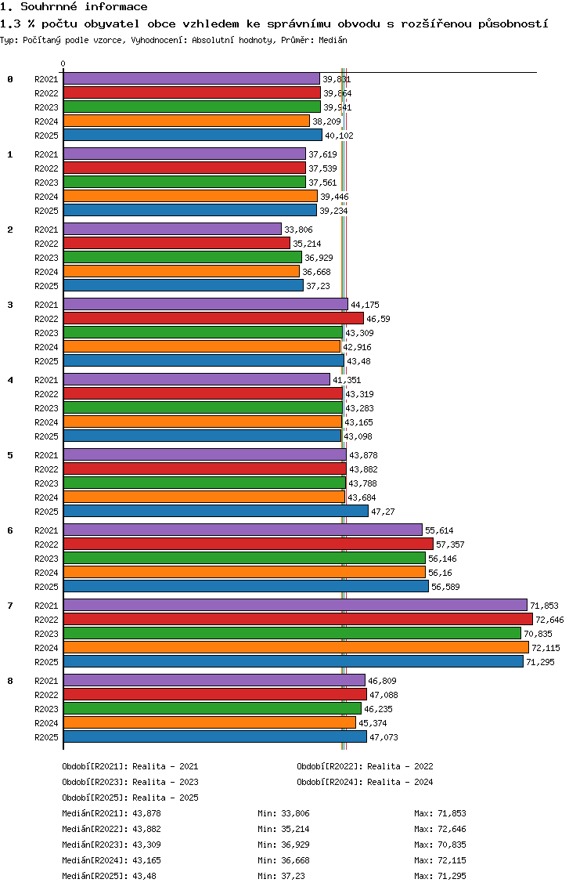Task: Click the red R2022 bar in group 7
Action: coord(297,619)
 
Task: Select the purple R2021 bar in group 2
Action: coord(172,229)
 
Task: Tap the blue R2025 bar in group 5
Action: coord(215,511)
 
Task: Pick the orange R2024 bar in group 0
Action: coord(186,121)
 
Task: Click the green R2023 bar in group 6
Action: coord(244,558)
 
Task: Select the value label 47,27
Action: coord(381,512)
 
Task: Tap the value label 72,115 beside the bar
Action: coord(546,648)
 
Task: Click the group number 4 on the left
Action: coord(10,380)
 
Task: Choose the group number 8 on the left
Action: coord(10,681)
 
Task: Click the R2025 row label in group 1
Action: coord(46,211)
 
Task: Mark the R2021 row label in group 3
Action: coord(46,305)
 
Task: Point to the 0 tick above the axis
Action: coord(63,64)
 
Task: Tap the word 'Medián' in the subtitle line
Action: coord(333,39)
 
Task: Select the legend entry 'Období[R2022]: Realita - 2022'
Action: coord(365,766)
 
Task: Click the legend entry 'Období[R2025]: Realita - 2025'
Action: coord(130,798)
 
